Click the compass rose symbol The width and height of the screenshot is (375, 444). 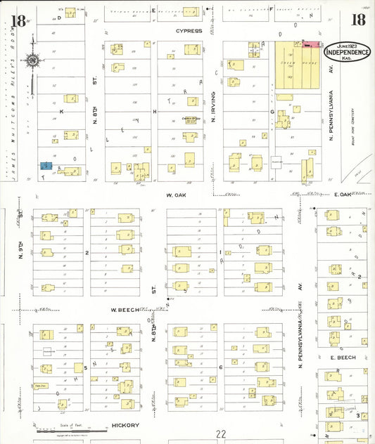pyautogui.click(x=33, y=60)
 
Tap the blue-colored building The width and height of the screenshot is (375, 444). pyautogui.click(x=45, y=166)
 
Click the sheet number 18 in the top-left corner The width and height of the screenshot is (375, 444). pyautogui.click(x=19, y=20)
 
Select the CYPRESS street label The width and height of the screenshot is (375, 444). pyautogui.click(x=189, y=32)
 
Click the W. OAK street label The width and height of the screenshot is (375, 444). pyautogui.click(x=174, y=195)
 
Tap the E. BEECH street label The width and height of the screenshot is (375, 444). pyautogui.click(x=341, y=357)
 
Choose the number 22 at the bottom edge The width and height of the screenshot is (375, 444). pyautogui.click(x=222, y=434)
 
